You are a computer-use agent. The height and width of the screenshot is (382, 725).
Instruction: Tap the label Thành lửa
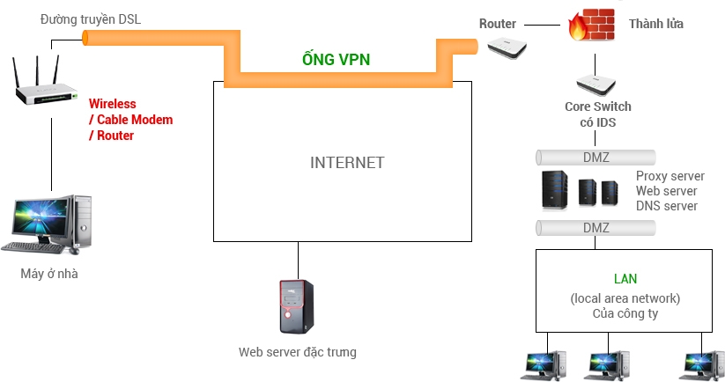coord(655,24)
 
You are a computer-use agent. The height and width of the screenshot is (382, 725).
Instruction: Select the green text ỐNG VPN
coord(331,61)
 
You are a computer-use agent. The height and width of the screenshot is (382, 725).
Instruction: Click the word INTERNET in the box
coord(347,163)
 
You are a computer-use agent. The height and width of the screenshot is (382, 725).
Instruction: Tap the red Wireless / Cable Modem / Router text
coord(131,120)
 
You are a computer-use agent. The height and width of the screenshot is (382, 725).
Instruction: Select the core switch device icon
coord(598,84)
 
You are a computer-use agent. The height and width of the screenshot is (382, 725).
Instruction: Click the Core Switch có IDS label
coord(598,114)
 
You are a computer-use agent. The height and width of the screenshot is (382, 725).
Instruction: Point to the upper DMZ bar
coord(596,158)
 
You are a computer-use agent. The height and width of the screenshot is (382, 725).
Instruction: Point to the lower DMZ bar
coord(596,228)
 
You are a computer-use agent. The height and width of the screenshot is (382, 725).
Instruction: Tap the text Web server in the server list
coord(666,191)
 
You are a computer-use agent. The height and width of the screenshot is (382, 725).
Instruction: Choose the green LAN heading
coord(624,279)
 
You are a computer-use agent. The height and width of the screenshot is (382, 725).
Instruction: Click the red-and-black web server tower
coord(296,306)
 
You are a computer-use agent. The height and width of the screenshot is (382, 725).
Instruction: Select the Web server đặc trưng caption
coord(298,352)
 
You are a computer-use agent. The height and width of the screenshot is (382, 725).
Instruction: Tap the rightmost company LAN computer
coord(704,365)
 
